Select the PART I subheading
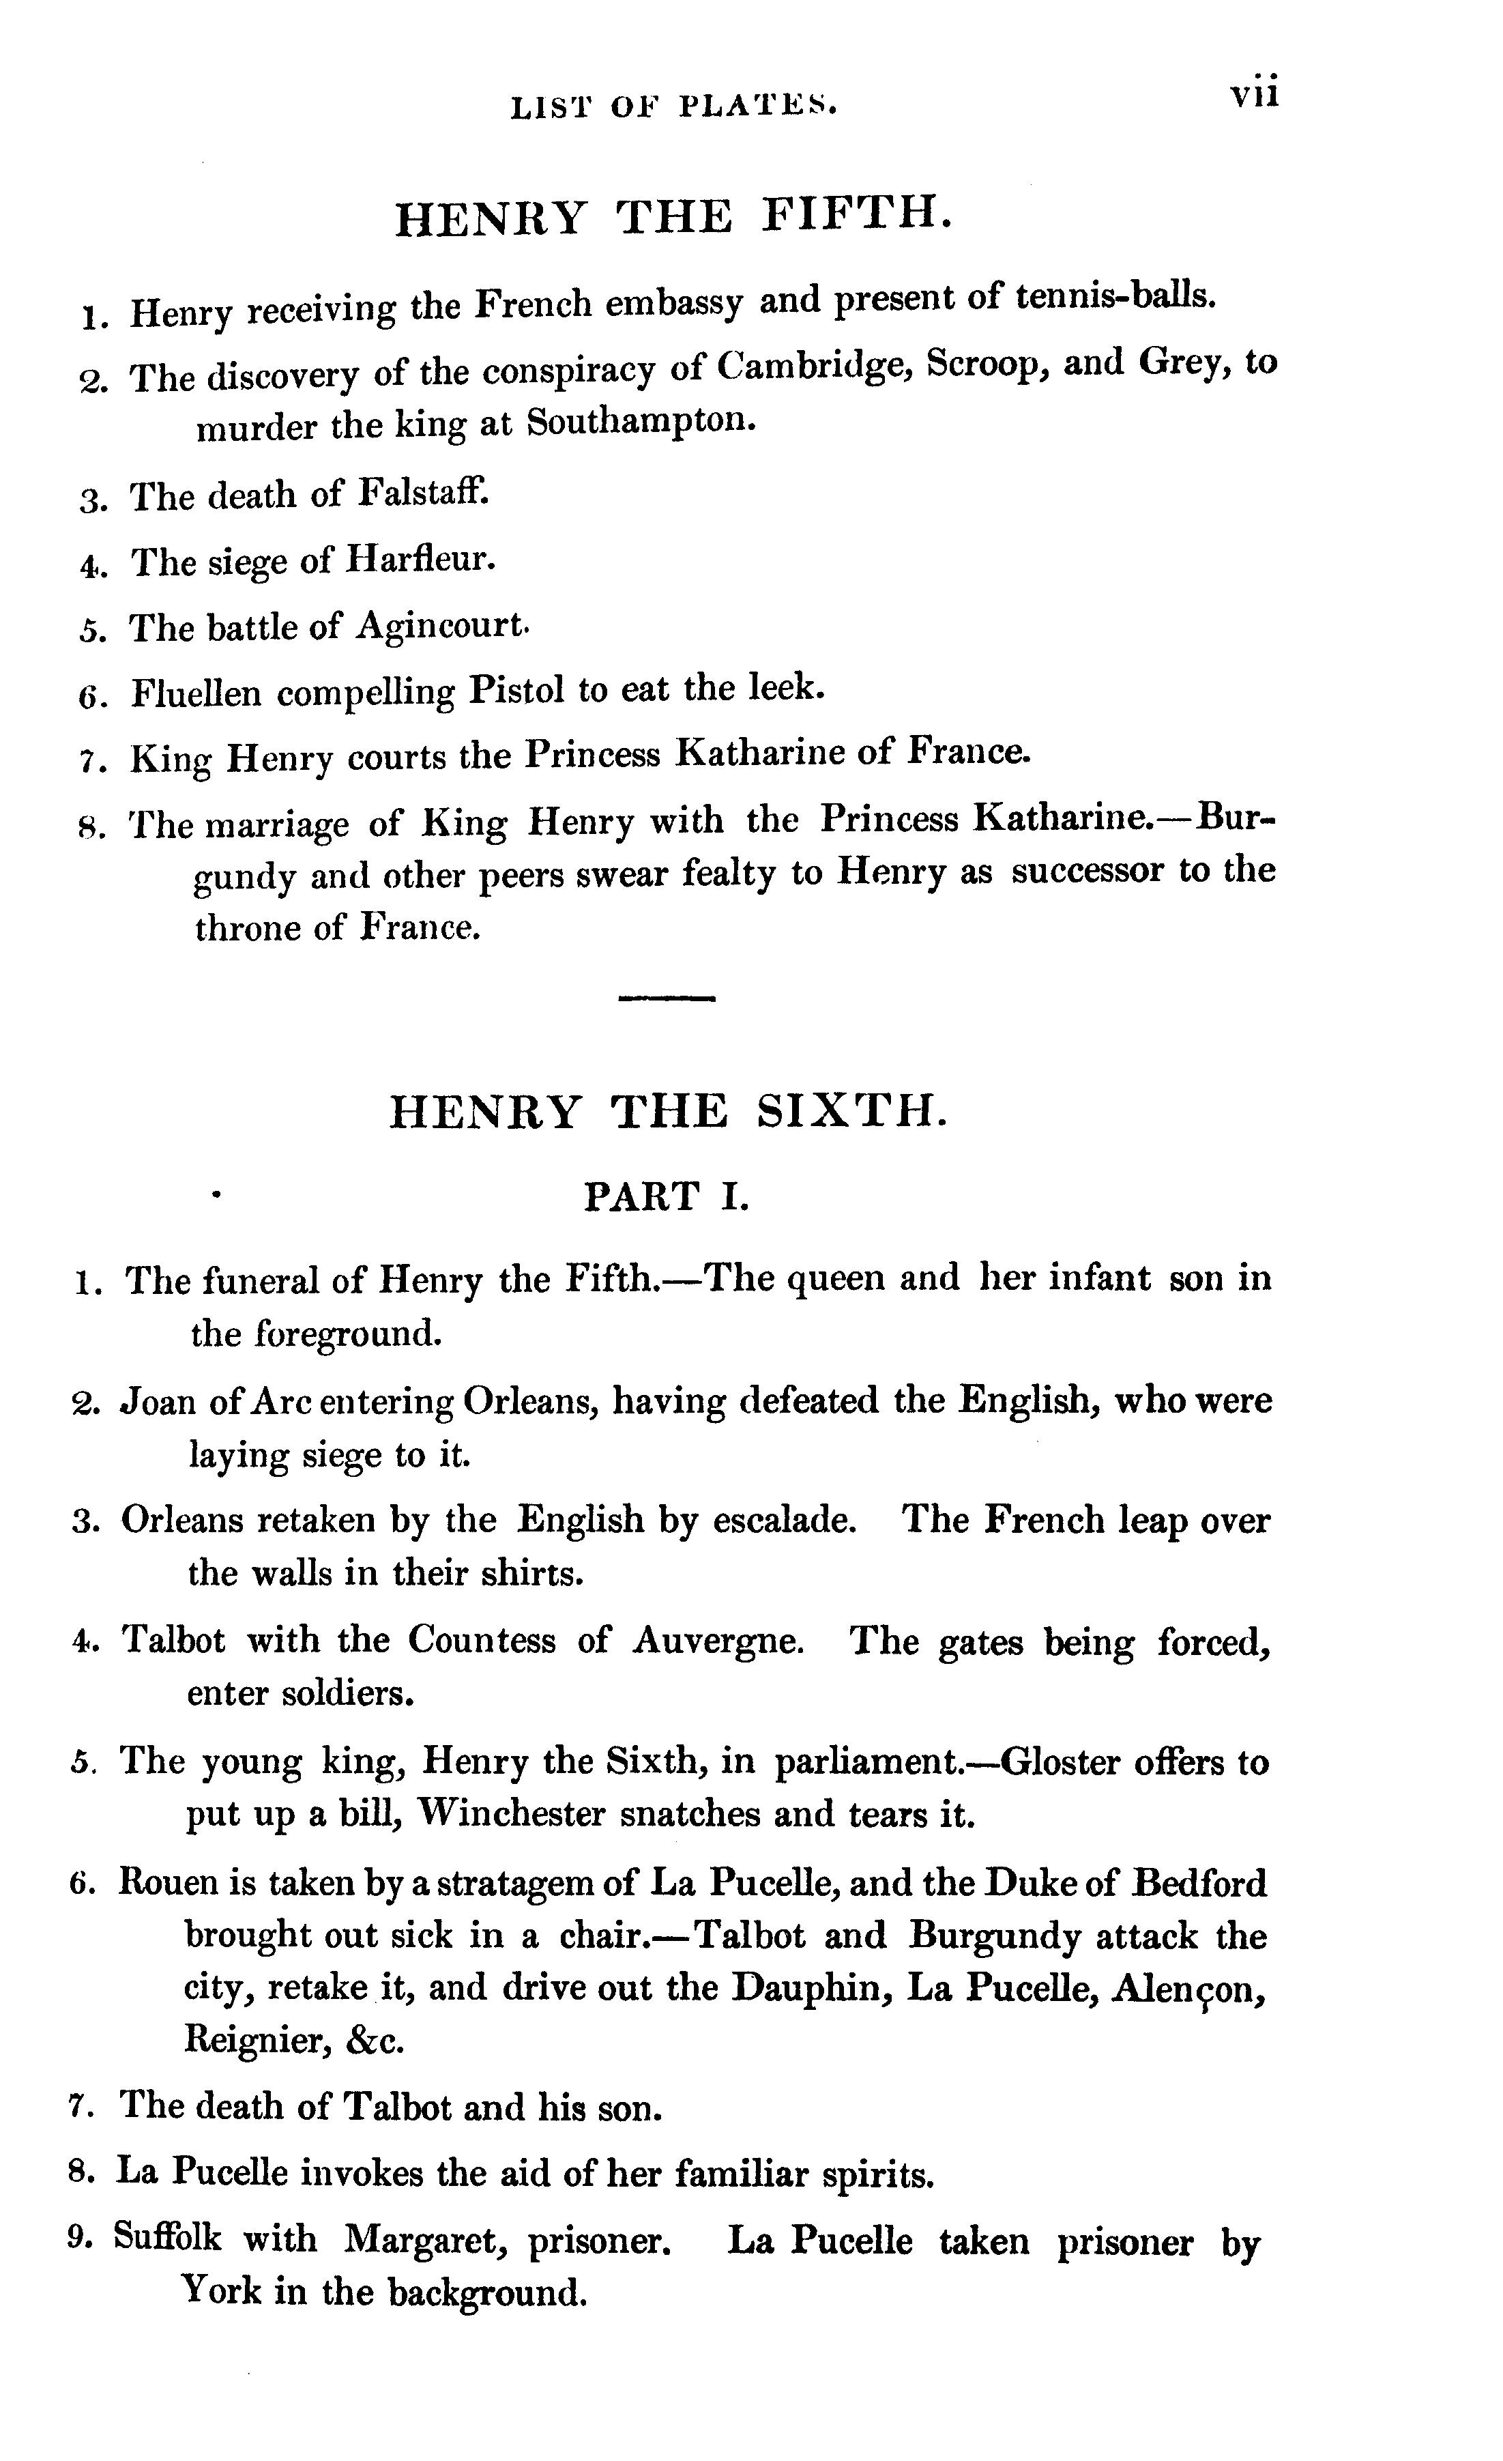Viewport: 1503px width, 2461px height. [666, 1196]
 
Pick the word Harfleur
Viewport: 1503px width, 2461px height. [420, 558]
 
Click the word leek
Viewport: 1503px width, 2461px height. [785, 688]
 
